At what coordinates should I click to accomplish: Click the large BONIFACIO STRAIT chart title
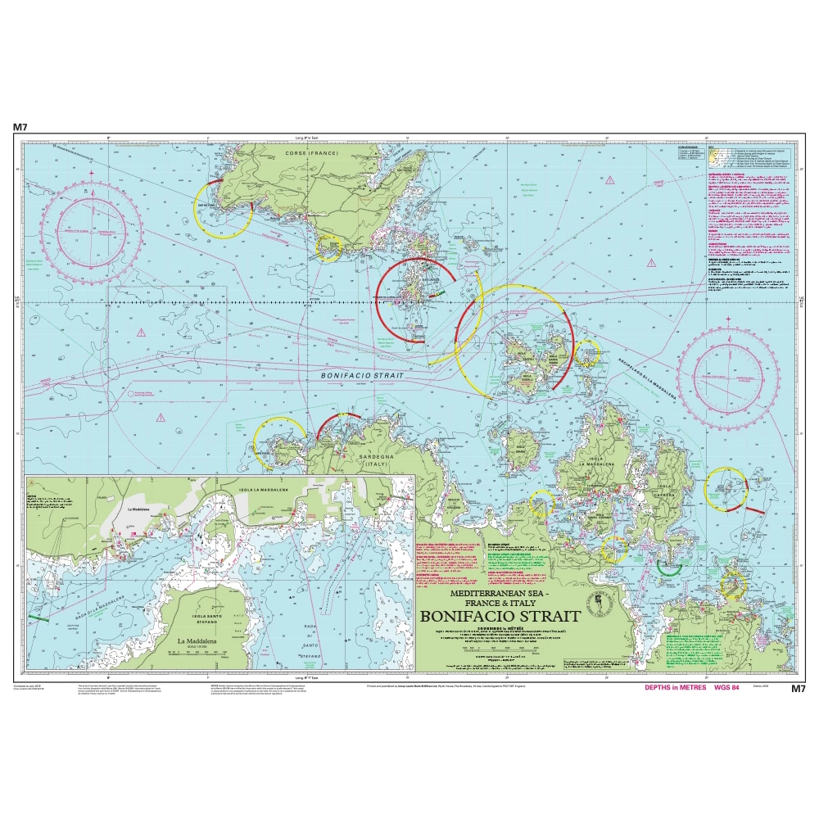pos(500,616)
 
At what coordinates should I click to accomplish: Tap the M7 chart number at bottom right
pos(798,689)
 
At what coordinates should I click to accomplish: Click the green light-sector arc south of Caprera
pos(669,568)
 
